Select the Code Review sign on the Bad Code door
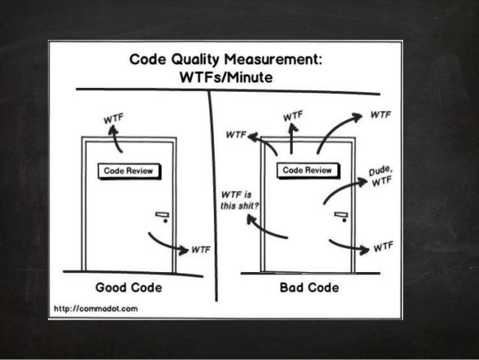(x=306, y=171)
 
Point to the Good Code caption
(x=129, y=287)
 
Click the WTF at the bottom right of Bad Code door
(x=381, y=246)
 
